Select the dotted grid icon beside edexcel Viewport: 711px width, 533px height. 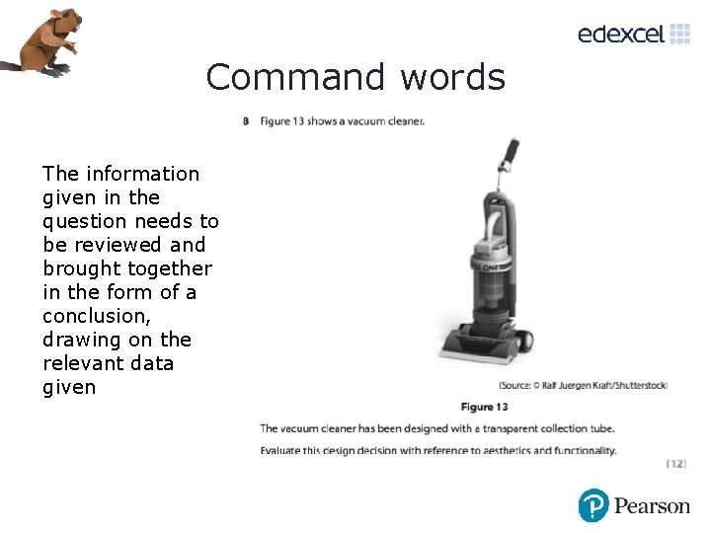680,34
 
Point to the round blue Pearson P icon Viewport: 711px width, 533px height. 593,505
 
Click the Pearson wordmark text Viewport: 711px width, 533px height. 652,506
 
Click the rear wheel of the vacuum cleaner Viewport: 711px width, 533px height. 526,341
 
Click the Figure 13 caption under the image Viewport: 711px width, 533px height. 484,407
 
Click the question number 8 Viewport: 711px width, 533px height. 245,121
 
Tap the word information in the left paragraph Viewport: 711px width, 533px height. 142,174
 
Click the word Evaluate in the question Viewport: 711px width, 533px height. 282,450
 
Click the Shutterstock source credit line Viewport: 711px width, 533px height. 583,385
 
